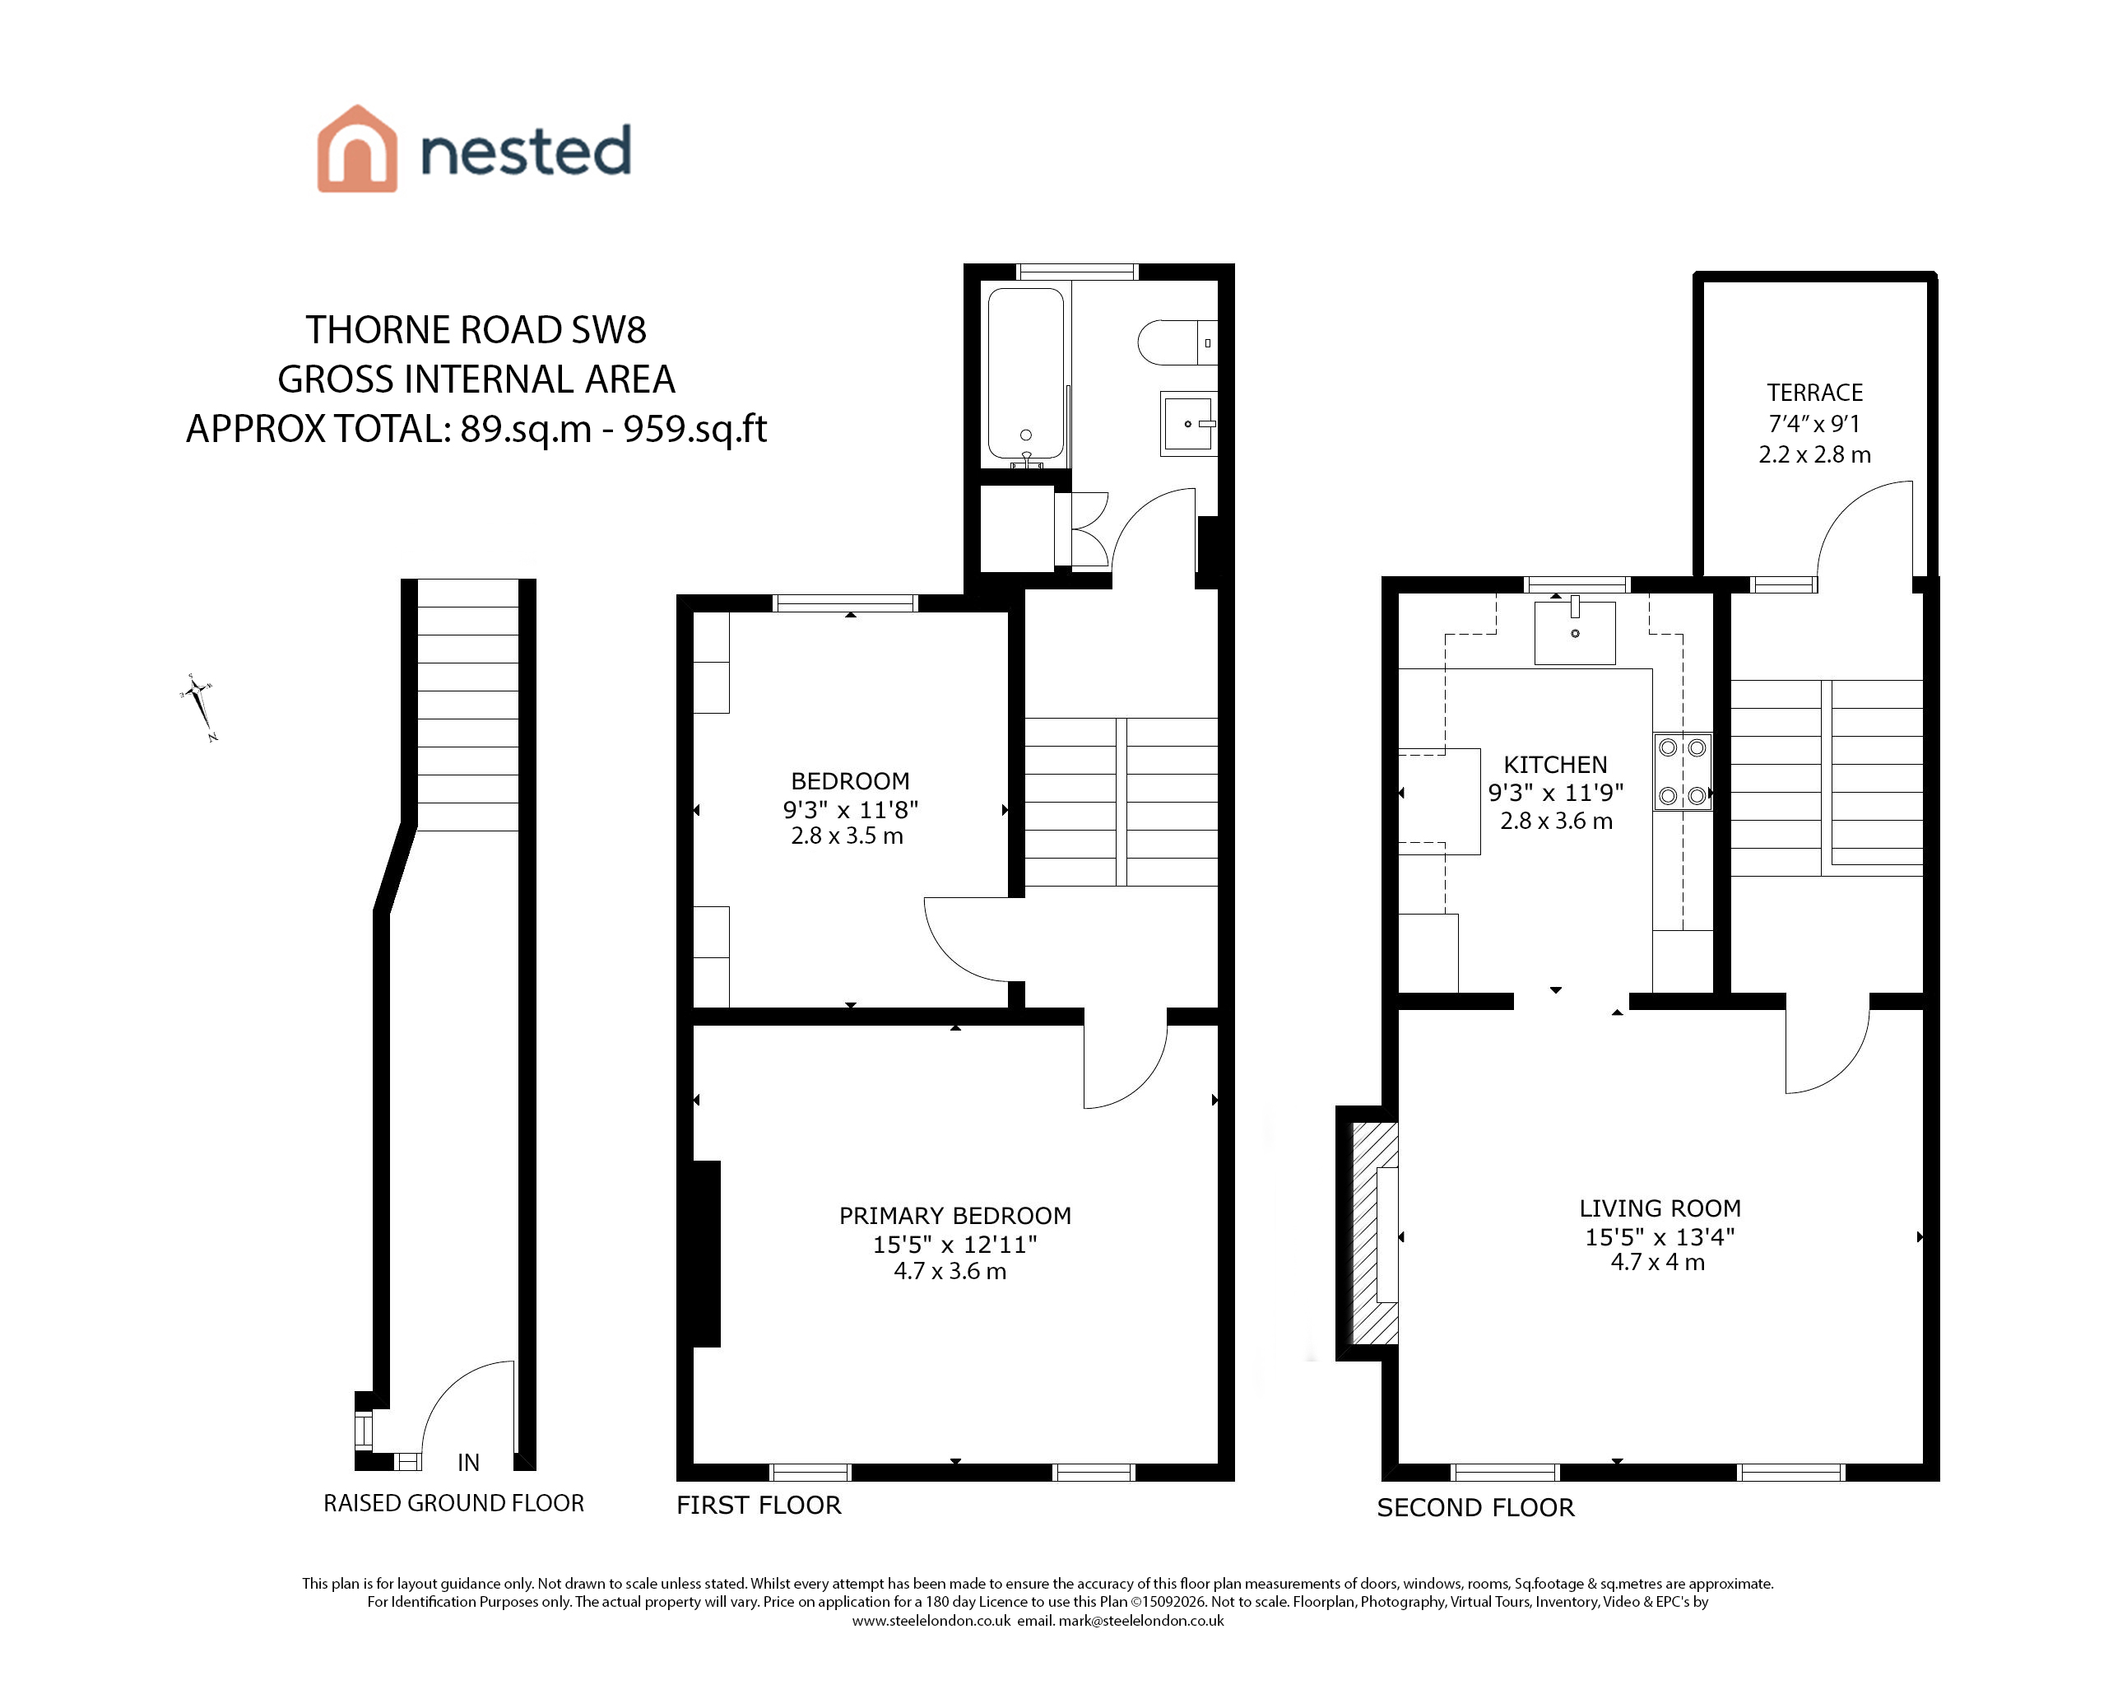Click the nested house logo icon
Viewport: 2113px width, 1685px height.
(357, 148)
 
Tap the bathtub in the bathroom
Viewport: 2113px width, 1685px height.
(1025, 374)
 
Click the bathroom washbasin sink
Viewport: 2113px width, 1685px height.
(1188, 423)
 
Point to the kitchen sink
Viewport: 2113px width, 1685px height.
(1574, 632)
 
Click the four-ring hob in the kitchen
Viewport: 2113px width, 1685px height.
(1683, 771)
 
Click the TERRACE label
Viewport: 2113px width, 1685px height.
(1814, 393)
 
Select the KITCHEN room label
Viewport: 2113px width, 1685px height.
(1555, 765)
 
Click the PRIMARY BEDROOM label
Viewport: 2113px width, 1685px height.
(954, 1216)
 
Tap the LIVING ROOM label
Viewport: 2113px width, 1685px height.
(1660, 1208)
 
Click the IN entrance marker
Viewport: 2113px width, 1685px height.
(468, 1463)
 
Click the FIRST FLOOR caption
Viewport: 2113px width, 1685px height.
(759, 1506)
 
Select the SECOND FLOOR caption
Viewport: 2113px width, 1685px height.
(1475, 1507)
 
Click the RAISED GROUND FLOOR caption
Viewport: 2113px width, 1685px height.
(453, 1504)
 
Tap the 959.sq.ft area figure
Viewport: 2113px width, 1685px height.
(694, 430)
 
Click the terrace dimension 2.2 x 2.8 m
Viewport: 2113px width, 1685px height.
(1814, 455)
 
